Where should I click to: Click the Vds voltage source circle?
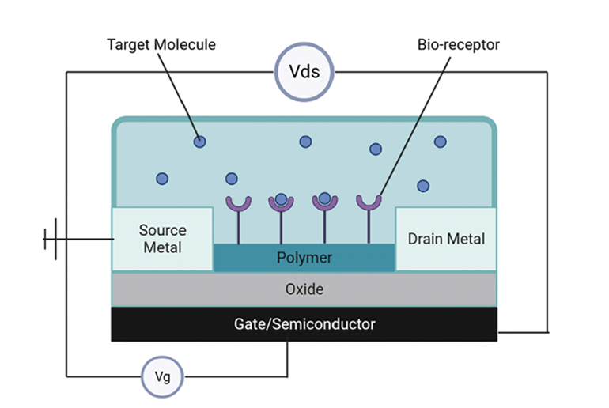click(x=304, y=73)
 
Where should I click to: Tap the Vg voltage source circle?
click(x=162, y=376)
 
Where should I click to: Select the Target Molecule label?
click(x=161, y=44)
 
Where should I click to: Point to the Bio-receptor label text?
click(x=459, y=44)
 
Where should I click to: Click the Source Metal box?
click(x=163, y=239)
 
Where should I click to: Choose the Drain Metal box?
click(x=446, y=239)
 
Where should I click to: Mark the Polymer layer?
click(x=304, y=258)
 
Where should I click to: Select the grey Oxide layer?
click(x=304, y=289)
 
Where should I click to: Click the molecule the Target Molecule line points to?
click(x=200, y=142)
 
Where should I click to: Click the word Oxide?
click(x=304, y=289)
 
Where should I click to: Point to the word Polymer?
click(x=304, y=258)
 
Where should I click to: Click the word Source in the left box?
click(x=163, y=231)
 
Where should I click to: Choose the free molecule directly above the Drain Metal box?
click(x=423, y=186)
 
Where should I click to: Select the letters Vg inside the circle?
click(x=162, y=377)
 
